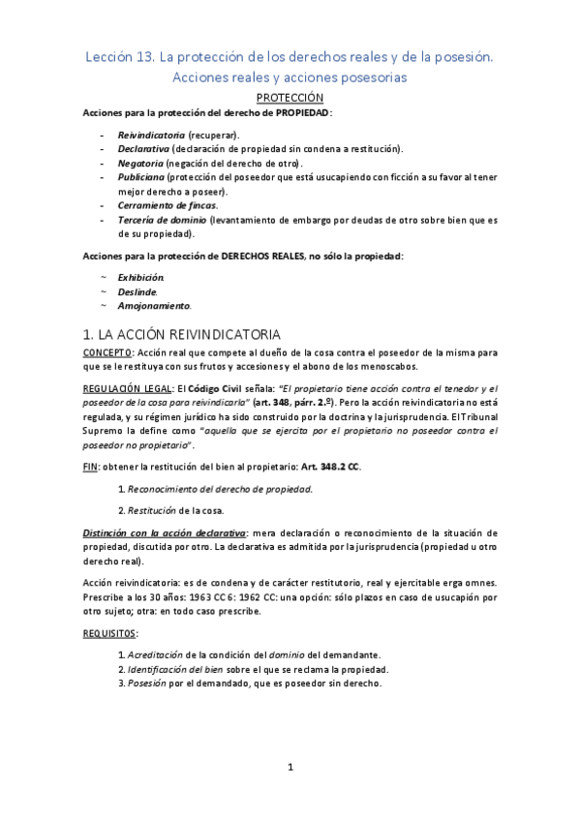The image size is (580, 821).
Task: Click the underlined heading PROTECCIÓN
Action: (290, 98)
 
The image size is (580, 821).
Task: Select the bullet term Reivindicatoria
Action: (151, 135)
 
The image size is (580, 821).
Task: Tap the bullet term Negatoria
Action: (141, 164)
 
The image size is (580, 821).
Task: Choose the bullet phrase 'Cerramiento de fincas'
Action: (167, 206)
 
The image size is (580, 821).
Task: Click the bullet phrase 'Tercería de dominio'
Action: (162, 221)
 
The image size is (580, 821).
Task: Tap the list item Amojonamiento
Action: (155, 306)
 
